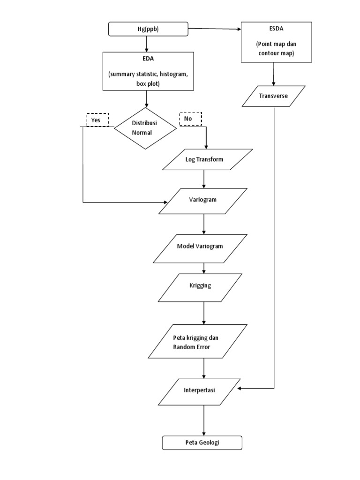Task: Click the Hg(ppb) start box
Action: [x=147, y=30]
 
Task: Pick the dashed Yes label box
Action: [x=97, y=120]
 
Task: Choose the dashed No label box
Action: [x=190, y=119]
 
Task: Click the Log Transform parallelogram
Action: [x=207, y=159]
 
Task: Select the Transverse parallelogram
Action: [x=274, y=96]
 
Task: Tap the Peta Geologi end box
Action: [x=202, y=443]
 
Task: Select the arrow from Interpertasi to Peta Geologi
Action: [x=204, y=420]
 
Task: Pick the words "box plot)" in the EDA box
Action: [x=147, y=84]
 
